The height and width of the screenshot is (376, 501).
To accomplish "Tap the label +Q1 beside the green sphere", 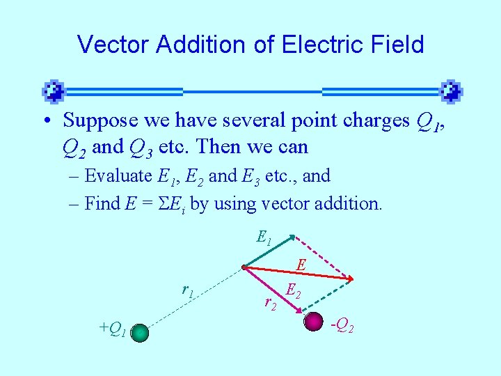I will [x=112, y=328].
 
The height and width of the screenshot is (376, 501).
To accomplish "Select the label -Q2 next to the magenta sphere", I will [x=342, y=324].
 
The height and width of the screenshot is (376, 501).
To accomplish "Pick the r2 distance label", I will [x=270, y=302].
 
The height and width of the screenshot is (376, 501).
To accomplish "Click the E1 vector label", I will [x=264, y=239].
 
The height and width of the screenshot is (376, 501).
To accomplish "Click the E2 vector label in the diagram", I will [x=294, y=292].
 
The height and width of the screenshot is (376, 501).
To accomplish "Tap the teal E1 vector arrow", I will [x=268, y=251].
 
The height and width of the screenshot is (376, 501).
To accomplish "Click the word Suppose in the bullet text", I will [x=101, y=120].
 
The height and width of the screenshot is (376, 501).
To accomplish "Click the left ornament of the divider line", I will [x=54, y=91].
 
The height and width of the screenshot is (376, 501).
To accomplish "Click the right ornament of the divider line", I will [x=452, y=91].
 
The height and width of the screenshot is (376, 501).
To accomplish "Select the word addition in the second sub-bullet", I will [x=350, y=203].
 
